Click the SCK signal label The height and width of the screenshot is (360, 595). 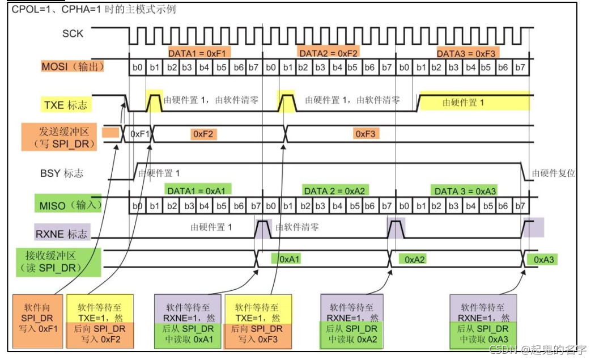(73, 34)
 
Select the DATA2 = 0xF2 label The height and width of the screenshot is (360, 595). (329, 53)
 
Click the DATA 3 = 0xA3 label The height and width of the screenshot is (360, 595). (465, 191)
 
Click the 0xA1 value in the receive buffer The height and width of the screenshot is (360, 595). (286, 259)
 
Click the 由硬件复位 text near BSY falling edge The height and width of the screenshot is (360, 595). (553, 173)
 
